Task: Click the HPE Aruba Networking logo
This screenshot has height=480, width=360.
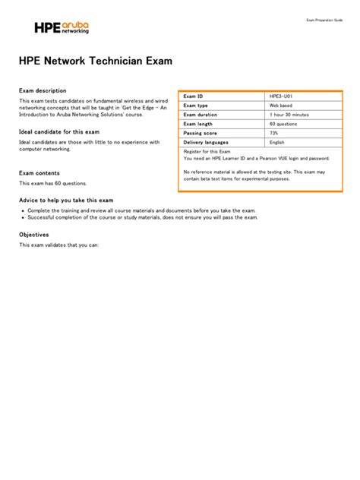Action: point(62,28)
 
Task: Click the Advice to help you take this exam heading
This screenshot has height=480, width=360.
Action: point(66,200)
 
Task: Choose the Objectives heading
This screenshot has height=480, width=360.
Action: point(34,235)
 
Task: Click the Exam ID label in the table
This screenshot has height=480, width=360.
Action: point(194,96)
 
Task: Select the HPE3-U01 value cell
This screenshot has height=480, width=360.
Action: point(281,96)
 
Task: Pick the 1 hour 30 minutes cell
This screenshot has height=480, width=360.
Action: point(289,115)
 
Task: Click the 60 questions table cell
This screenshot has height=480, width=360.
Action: point(283,124)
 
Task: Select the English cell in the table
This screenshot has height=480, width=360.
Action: point(276,142)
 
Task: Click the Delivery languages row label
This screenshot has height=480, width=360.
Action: point(206,142)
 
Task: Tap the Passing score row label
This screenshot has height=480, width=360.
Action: point(200,133)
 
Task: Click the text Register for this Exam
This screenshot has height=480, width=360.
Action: point(207,151)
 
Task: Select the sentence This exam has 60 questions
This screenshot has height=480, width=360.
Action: point(53,183)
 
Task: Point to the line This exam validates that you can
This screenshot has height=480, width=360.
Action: point(59,245)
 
